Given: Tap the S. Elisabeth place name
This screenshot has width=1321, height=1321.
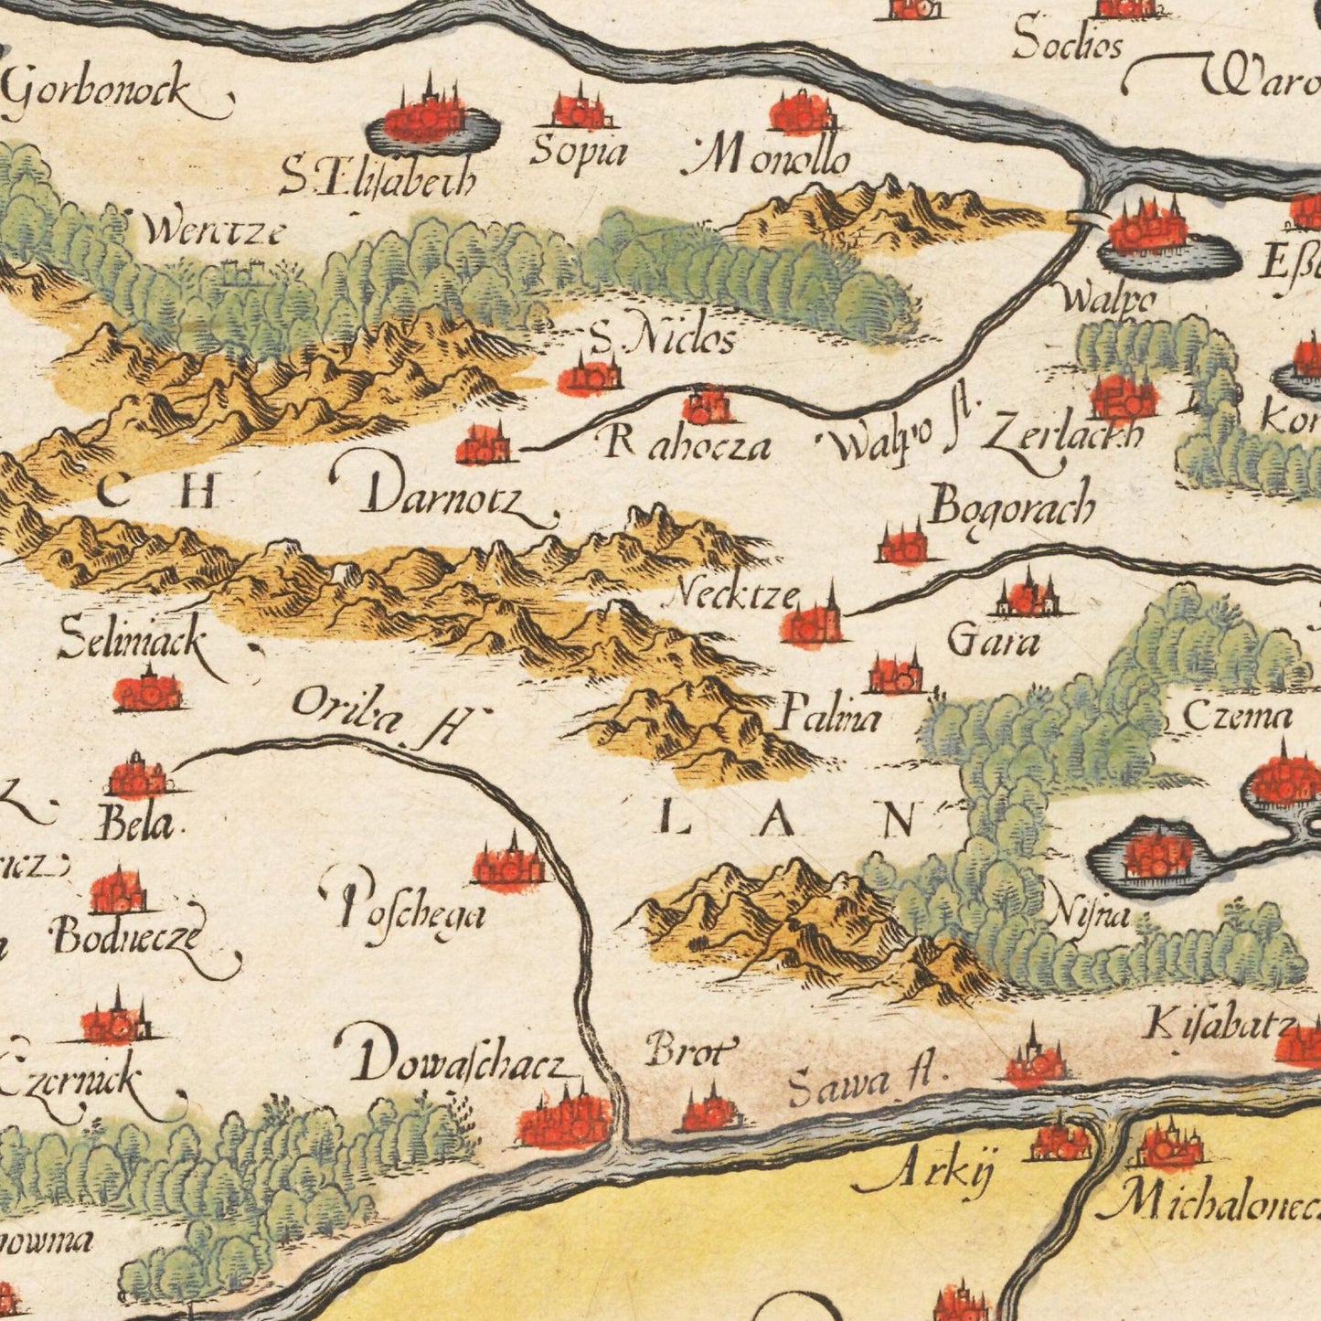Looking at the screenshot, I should tap(377, 179).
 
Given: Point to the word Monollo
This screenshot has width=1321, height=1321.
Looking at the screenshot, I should tap(770, 161).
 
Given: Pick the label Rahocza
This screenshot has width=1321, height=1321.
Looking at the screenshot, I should tap(687, 445).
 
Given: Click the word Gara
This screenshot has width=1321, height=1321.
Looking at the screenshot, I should tap(993, 643).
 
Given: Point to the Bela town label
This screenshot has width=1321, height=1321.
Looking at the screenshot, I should tap(134, 826).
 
